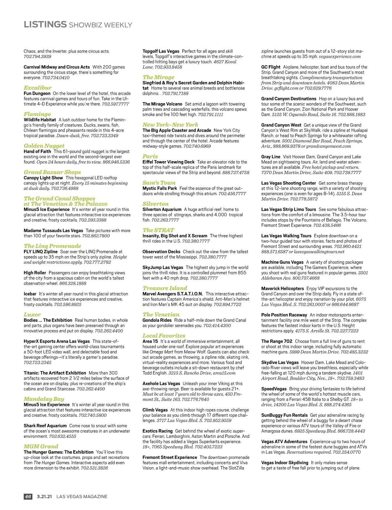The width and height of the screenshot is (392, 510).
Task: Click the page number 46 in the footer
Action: point(28,497)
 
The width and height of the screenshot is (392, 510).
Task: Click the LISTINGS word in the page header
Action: point(45,24)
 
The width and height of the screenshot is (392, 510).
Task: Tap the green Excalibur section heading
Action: point(38,88)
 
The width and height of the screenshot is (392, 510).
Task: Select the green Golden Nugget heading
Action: point(44,146)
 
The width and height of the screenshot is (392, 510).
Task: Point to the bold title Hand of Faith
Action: point(37,151)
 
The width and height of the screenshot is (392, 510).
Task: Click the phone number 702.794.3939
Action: point(37,56)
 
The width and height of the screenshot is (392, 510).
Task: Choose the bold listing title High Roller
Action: point(35,273)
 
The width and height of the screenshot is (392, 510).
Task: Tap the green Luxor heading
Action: point(32,315)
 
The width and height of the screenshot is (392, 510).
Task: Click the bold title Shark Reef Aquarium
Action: point(45,426)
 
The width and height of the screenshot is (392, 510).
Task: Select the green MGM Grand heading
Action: point(41,446)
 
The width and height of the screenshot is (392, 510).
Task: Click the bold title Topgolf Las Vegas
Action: point(161,51)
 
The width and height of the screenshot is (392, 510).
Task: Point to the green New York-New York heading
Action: point(170,125)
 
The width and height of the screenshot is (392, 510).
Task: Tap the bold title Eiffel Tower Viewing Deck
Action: point(168,162)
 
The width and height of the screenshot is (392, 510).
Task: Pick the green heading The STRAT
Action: point(158,230)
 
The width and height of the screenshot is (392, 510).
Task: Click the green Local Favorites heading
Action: point(164,336)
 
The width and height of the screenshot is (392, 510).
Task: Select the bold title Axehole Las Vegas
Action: point(161,383)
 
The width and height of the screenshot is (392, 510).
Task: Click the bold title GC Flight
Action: point(270,67)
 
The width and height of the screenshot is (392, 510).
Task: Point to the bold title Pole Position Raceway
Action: point(284,315)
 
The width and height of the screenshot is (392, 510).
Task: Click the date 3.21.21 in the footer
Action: point(44,497)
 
